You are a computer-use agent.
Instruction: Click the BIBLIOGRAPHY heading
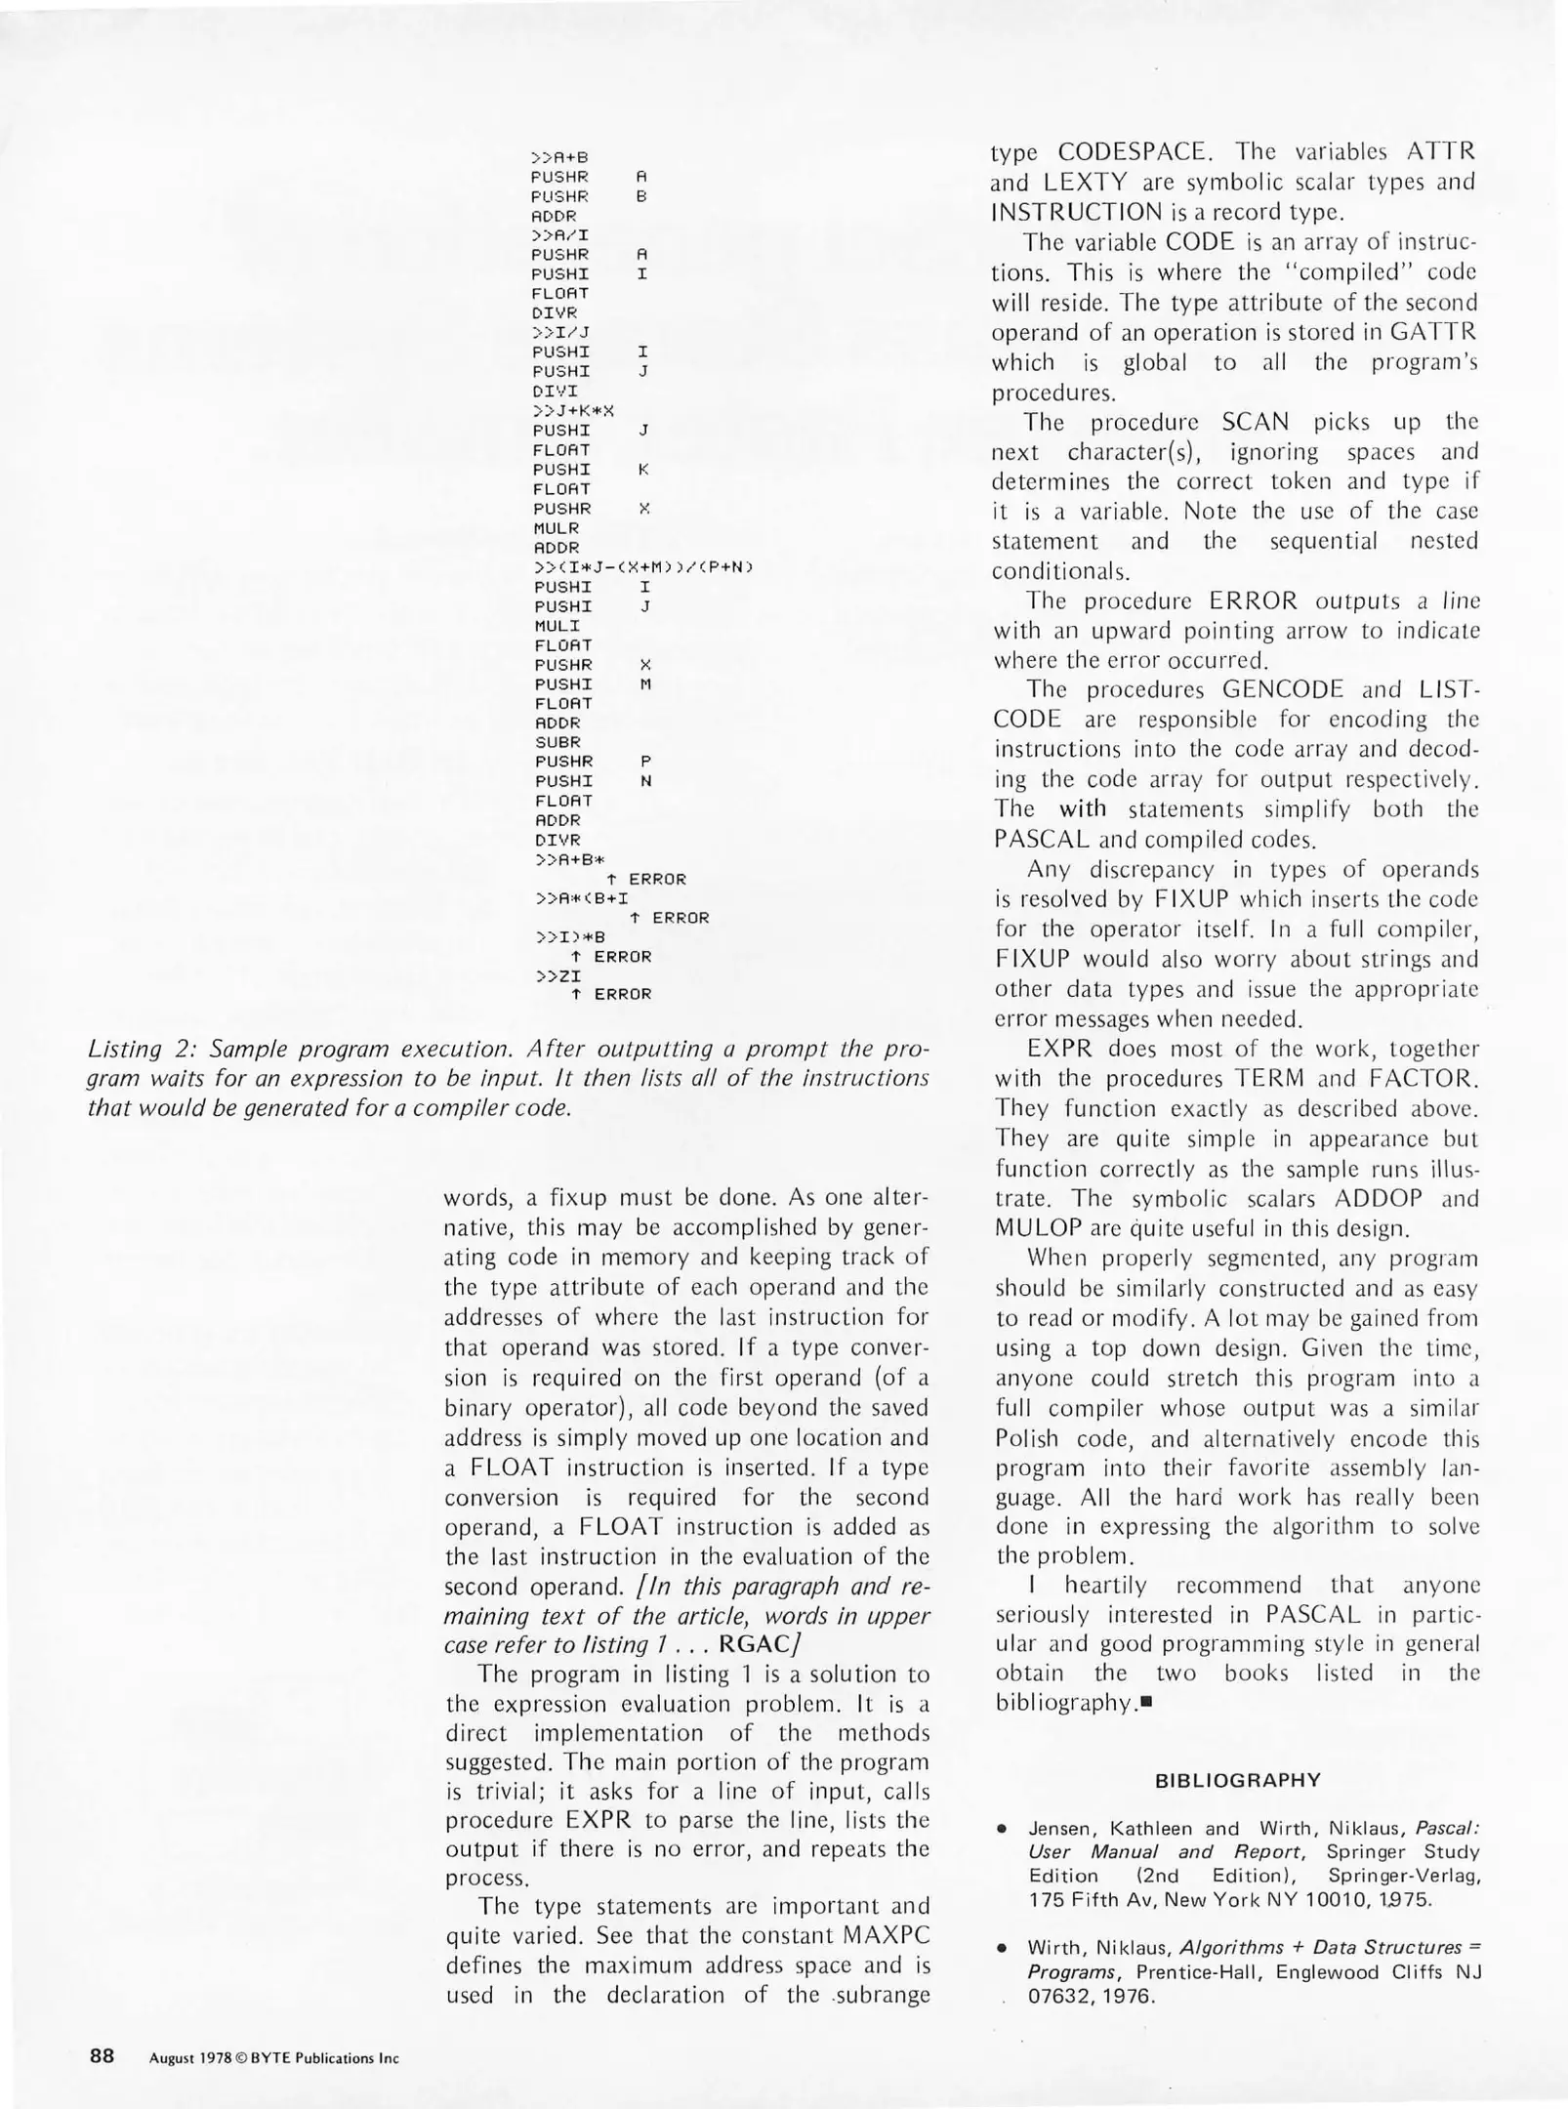(x=1237, y=1779)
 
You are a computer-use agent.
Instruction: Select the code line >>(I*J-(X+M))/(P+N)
(x=645, y=567)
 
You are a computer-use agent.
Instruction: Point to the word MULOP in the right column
(x=1039, y=1228)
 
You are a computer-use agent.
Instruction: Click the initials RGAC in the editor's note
(x=757, y=1644)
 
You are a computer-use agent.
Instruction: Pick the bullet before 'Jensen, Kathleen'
(x=1002, y=1828)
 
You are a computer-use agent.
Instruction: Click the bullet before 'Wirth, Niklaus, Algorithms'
(x=1002, y=1948)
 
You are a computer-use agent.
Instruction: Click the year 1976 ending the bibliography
(x=1128, y=1996)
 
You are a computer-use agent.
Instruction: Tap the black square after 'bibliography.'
(x=1146, y=1703)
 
